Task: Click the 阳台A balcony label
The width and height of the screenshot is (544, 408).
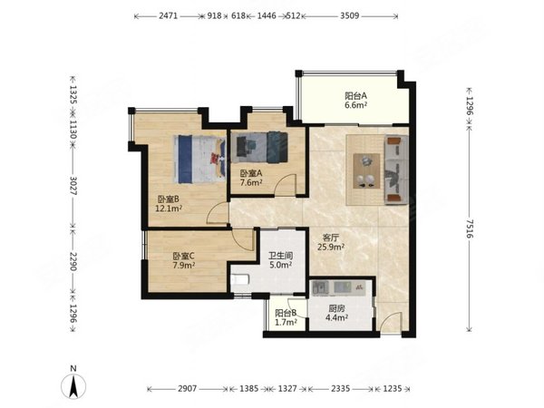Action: pos(355,95)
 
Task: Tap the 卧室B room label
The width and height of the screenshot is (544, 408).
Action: pos(169,199)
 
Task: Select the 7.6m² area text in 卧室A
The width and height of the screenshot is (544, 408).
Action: pos(251,182)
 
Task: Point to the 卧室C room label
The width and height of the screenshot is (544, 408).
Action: pos(183,257)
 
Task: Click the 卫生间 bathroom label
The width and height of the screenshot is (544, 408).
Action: pos(281,256)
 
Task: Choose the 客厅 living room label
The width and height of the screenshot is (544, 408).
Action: pos(331,238)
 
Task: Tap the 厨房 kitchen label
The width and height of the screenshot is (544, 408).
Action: pos(336,308)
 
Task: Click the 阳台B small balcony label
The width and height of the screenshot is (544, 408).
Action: pos(286,313)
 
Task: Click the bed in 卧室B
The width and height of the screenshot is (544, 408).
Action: pos(199,159)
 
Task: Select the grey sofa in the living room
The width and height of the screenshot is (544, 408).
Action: pos(396,170)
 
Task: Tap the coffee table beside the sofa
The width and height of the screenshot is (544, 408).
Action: pos(366,171)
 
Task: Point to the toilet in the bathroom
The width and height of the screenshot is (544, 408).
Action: pos(240,279)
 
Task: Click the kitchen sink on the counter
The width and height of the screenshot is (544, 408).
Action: pos(320,287)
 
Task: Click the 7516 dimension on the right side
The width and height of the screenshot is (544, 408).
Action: pos(469,228)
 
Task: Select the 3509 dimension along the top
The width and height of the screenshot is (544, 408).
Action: pos(349,15)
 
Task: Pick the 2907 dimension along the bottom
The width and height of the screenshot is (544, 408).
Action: pos(188,389)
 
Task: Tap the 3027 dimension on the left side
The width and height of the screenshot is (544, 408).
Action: pos(73,186)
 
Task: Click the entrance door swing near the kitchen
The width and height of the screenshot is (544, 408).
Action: pos(392,322)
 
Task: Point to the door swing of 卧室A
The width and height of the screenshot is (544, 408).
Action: pos(286,185)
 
